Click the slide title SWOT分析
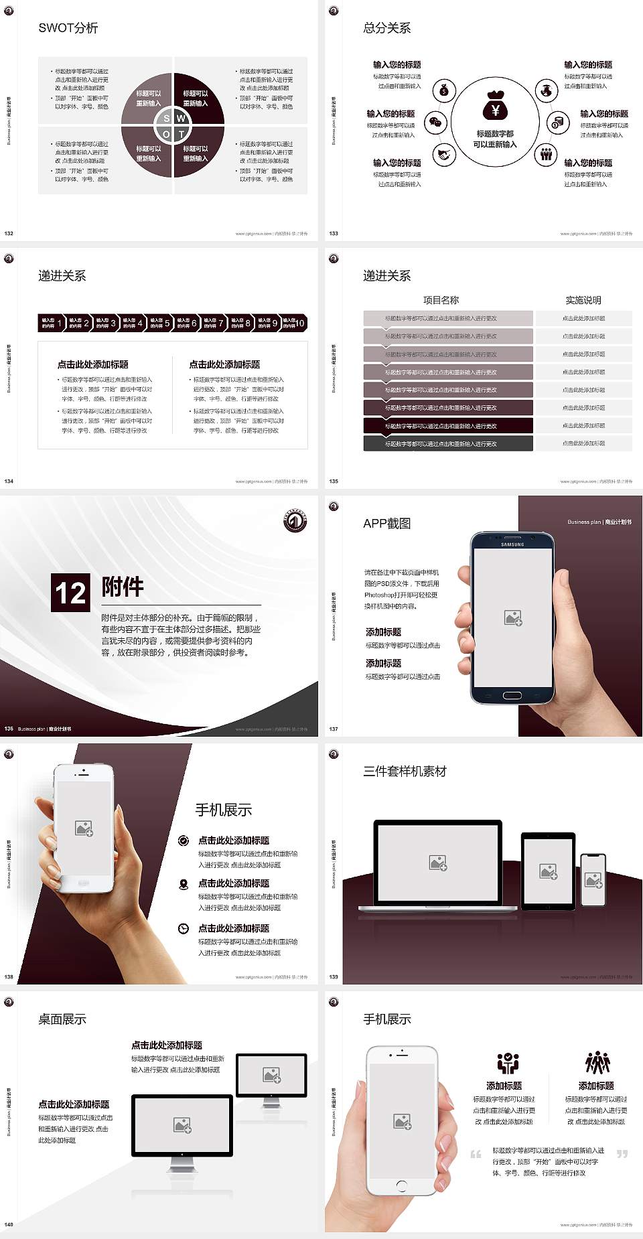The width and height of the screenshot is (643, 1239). (68, 28)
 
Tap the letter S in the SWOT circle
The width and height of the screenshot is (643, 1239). (167, 119)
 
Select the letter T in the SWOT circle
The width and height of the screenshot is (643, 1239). (181, 134)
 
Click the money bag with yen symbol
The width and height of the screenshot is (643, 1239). (495, 106)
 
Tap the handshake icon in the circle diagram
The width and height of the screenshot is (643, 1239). (443, 155)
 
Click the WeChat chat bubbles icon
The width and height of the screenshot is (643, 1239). (437, 123)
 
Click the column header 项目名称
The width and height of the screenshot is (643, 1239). (441, 300)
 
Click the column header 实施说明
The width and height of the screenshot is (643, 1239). (583, 300)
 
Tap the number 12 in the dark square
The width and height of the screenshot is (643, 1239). (70, 593)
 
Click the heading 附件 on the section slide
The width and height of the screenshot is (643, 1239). (123, 587)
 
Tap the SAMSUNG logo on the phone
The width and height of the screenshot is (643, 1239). (512, 544)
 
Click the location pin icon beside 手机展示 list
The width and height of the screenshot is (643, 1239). (184, 885)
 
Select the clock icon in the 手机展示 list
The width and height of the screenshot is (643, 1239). (184, 928)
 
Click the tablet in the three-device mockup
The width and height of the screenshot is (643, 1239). (548, 871)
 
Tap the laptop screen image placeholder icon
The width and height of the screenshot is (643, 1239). (438, 863)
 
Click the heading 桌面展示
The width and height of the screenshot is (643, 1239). (62, 1019)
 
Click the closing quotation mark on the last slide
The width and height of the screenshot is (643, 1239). (622, 1153)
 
